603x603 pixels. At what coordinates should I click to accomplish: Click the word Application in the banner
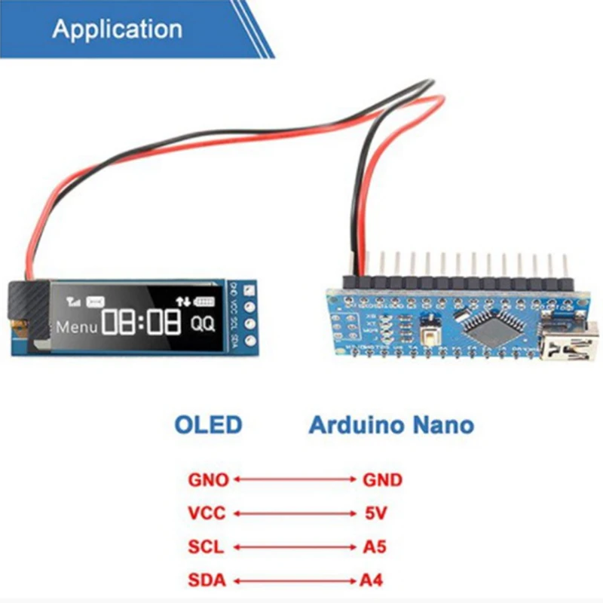tap(117, 29)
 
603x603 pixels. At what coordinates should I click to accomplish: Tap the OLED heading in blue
tap(209, 424)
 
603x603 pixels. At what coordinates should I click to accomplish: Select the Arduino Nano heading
tap(391, 424)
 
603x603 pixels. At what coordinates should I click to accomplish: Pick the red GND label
tap(382, 479)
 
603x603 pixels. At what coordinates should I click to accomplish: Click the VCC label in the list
tap(207, 513)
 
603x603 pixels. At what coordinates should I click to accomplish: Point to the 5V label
tap(375, 513)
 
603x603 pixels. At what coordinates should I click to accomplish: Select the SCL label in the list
tap(207, 547)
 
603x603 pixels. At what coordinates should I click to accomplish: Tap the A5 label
tap(375, 547)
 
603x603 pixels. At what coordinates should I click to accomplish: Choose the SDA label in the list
tap(207, 580)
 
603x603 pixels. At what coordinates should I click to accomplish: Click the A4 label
tap(375, 580)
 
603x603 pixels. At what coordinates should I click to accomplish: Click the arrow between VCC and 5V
tap(294, 513)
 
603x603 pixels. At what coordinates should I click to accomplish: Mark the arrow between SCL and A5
tap(294, 547)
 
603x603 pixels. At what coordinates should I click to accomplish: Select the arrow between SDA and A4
tap(294, 580)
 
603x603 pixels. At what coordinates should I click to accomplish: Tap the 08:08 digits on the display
tap(142, 323)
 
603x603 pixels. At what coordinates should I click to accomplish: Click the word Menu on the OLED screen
tap(77, 327)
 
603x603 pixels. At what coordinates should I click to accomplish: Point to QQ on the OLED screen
tap(201, 325)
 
